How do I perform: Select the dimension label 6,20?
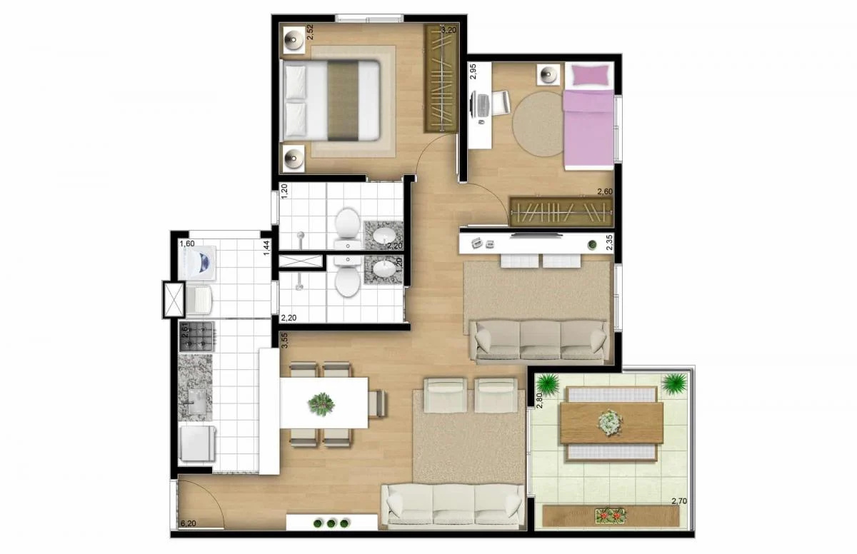click(188, 523)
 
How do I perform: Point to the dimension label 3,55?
click(284, 341)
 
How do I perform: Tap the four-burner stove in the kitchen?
click(196, 336)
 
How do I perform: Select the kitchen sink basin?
click(196, 405)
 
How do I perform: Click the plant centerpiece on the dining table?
click(321, 404)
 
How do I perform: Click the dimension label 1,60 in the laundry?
click(187, 243)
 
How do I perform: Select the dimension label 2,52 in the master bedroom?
click(289, 34)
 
